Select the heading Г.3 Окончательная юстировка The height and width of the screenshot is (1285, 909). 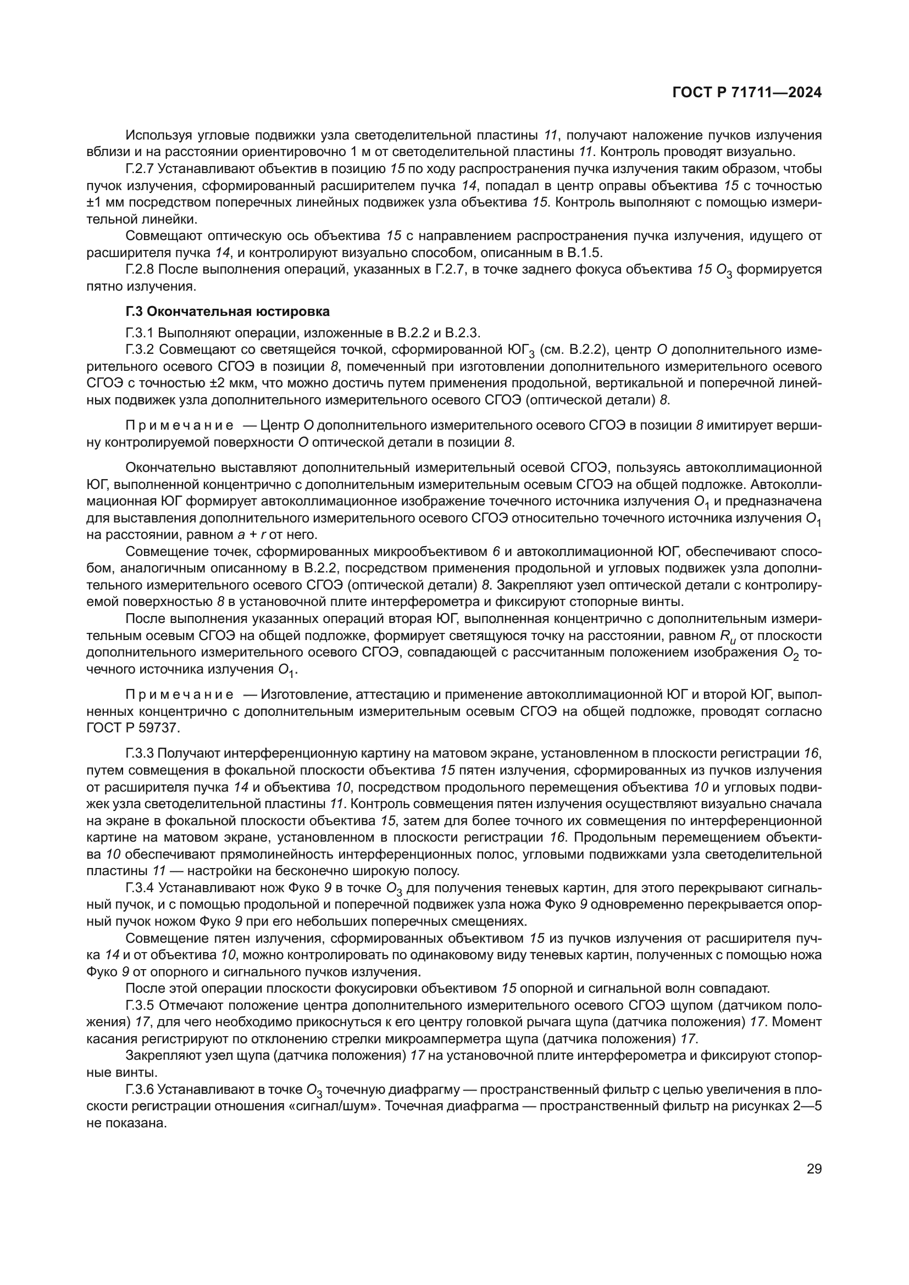point(228,311)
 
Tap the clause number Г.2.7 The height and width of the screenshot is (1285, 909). point(141,169)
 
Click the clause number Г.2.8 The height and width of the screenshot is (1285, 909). point(141,270)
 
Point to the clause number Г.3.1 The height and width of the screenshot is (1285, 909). point(141,333)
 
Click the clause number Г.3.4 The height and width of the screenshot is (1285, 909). point(141,888)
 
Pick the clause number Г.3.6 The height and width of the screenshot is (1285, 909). point(140,1089)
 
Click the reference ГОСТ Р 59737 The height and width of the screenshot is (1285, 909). point(133,728)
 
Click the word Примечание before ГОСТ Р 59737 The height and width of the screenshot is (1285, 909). point(179,695)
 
